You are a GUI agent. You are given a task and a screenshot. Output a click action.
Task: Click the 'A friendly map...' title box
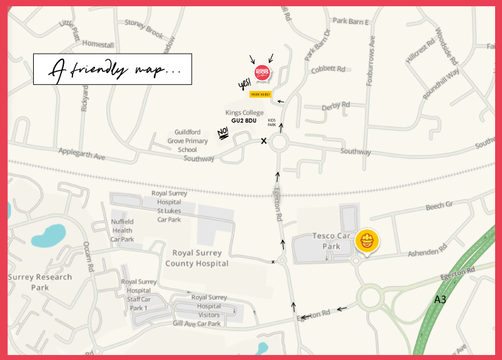click(113, 69)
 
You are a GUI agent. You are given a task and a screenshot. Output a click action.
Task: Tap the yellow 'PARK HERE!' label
click(260, 94)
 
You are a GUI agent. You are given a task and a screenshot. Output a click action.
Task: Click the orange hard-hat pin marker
click(367, 241)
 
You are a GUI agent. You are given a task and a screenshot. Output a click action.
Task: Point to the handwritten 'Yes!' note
click(244, 84)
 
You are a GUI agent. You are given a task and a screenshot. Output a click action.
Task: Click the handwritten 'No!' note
click(223, 132)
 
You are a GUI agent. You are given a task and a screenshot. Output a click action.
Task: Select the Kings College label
click(244, 112)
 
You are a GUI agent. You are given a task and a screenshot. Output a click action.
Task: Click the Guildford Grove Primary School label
click(188, 141)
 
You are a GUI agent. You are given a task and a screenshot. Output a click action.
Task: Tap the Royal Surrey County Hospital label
click(197, 258)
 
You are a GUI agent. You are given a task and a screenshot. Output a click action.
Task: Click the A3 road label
click(440, 300)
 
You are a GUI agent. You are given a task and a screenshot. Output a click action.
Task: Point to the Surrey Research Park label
click(40, 282)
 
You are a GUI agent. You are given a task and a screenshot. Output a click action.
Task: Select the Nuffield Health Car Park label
click(122, 230)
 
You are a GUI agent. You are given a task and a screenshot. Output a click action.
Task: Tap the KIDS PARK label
click(272, 122)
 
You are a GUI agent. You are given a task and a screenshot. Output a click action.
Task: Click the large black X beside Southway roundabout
click(264, 141)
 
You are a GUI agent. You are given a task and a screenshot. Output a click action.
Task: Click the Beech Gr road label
click(438, 206)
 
